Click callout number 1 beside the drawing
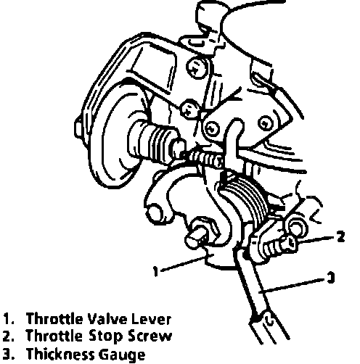(x=156, y=271)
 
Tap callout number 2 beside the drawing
(x=340, y=236)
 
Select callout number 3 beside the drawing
(x=330, y=278)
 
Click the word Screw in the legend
(x=150, y=336)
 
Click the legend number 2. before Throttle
(x=9, y=336)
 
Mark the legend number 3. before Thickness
(x=9, y=355)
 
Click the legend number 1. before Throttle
(x=9, y=319)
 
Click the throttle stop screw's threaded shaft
(x=274, y=249)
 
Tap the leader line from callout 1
(x=183, y=264)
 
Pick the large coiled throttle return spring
(x=245, y=201)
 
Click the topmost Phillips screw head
(x=197, y=67)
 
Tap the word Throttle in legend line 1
(x=54, y=319)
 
